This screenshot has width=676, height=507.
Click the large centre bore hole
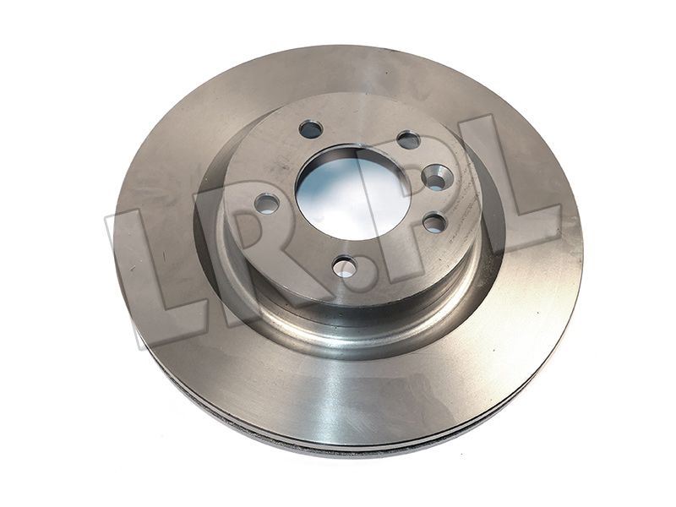coord(352,194)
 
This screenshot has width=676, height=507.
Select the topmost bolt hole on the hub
coord(311,128)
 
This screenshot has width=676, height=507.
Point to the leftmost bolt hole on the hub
coord(267,204)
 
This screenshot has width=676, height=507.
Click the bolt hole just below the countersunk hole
coord(434,222)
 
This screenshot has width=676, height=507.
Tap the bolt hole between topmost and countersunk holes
coord(408,140)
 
